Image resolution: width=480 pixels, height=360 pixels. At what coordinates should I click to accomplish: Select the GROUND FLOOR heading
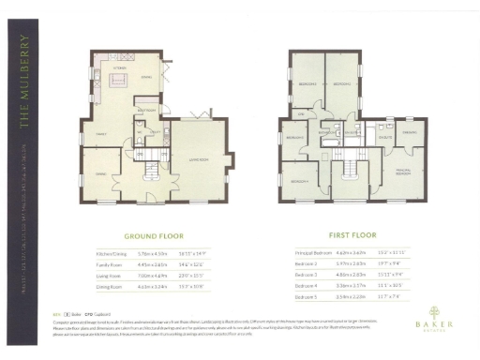[154, 238]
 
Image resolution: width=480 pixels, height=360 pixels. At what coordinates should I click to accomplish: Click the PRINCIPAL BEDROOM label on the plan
[403, 172]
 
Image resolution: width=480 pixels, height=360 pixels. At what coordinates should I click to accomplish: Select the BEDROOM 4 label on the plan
[294, 138]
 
